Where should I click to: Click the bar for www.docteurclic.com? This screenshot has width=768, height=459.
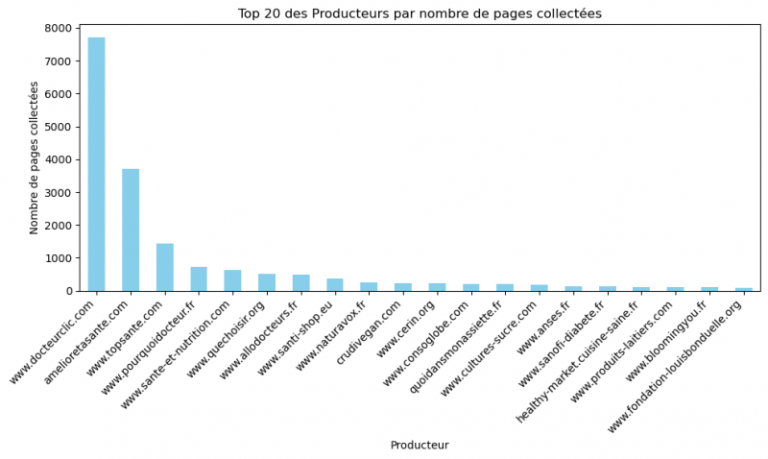pyautogui.click(x=96, y=164)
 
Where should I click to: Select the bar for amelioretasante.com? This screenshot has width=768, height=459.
pyautogui.click(x=131, y=229)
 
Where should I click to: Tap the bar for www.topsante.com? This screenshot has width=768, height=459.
pyautogui.click(x=165, y=267)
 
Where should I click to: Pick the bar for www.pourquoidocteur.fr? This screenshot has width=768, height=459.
pyautogui.click(x=199, y=278)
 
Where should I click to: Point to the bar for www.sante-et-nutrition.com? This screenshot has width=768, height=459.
pyautogui.click(x=232, y=280)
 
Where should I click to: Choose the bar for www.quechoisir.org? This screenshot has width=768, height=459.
pyautogui.click(x=267, y=282)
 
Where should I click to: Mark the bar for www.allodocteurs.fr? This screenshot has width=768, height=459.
pyautogui.click(x=300, y=283)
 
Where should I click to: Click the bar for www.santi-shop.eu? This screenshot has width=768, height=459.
pyautogui.click(x=335, y=285)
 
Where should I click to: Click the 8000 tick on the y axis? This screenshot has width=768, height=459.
pyautogui.click(x=60, y=29)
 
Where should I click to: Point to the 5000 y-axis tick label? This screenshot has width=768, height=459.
pyautogui.click(x=60, y=127)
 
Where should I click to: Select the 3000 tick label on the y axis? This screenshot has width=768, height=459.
pyautogui.click(x=60, y=193)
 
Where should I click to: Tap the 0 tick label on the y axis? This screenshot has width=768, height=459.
pyautogui.click(x=69, y=291)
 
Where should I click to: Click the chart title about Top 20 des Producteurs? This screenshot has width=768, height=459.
pyautogui.click(x=420, y=13)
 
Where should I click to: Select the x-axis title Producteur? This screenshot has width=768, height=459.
pyautogui.click(x=420, y=446)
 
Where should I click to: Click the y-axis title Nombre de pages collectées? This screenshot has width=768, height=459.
pyautogui.click(x=35, y=157)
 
